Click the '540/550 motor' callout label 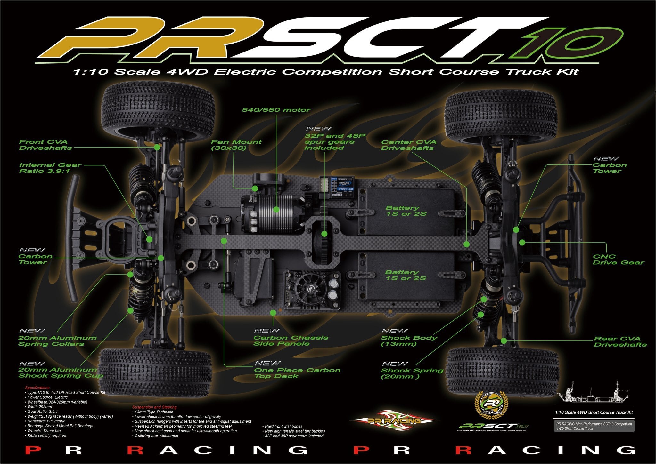click(276, 110)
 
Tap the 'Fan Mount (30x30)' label click(236, 145)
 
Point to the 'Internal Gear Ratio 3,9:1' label click(50, 168)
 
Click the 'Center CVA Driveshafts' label click(408, 145)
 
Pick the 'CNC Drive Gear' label click(618, 260)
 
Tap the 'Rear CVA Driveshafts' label click(620, 341)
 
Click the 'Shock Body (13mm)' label click(409, 340)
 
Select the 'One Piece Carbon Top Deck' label click(297, 373)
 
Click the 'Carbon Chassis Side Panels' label click(291, 340)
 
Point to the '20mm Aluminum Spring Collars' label click(57, 341)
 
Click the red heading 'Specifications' click(37, 388)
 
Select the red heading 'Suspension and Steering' click(154, 407)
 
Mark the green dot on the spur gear click(324, 234)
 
